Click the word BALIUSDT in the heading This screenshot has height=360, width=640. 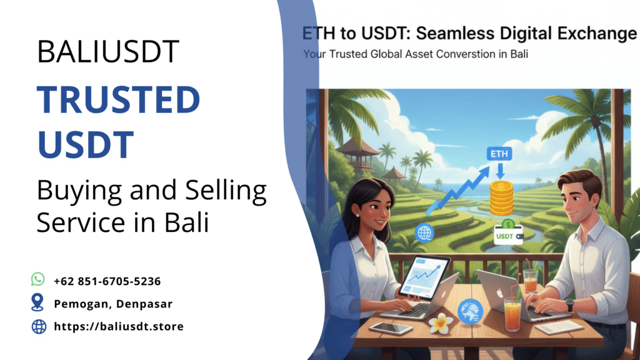[x=107, y=51]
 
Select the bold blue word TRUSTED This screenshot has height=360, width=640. [x=118, y=101]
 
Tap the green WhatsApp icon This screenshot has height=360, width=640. [x=38, y=279]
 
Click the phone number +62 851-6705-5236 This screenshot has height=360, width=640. [x=107, y=281]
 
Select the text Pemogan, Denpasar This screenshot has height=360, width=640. [x=113, y=304]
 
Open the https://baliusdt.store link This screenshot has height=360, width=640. [x=119, y=326]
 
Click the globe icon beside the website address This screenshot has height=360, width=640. [x=38, y=326]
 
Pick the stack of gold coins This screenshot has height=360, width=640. [x=501, y=199]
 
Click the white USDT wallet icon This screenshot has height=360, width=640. [x=508, y=234]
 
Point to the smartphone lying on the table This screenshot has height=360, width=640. [x=390, y=328]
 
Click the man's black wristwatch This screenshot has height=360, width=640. [x=569, y=305]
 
